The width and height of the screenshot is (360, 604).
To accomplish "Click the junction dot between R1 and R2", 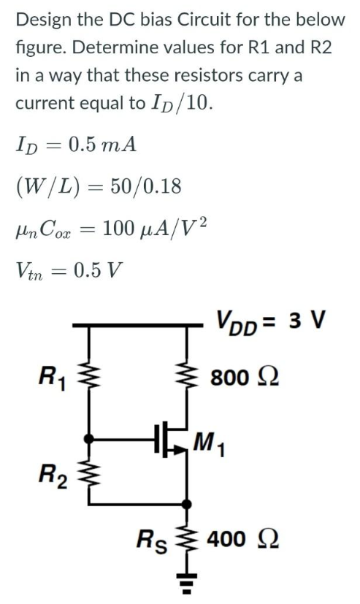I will [89, 440].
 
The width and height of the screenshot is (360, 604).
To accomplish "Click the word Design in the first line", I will [41, 19].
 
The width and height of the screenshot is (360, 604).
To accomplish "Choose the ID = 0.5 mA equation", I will [74, 144].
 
